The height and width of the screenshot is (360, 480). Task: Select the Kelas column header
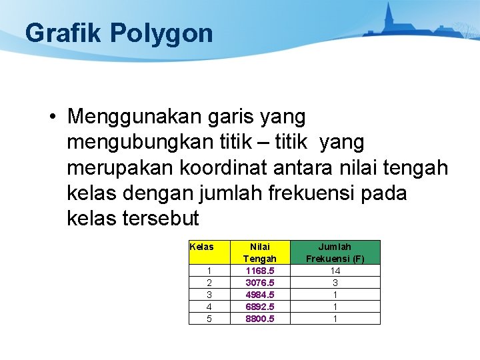202,247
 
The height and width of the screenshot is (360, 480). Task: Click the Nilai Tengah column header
259,252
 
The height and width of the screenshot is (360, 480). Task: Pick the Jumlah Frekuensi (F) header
335,252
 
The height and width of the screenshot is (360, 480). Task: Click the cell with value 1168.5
259,271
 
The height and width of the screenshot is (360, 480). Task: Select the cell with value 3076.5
259,283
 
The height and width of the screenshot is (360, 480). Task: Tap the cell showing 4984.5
259,295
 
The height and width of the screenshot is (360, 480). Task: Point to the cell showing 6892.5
259,307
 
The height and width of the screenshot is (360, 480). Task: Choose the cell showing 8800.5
259,319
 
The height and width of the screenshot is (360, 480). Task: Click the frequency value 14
335,271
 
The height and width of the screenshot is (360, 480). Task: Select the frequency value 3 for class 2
335,283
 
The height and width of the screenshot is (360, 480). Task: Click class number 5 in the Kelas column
209,319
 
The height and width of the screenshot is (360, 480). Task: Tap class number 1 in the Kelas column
209,271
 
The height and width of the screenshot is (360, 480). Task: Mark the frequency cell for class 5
335,319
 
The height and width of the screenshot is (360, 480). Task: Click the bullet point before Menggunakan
52,117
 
